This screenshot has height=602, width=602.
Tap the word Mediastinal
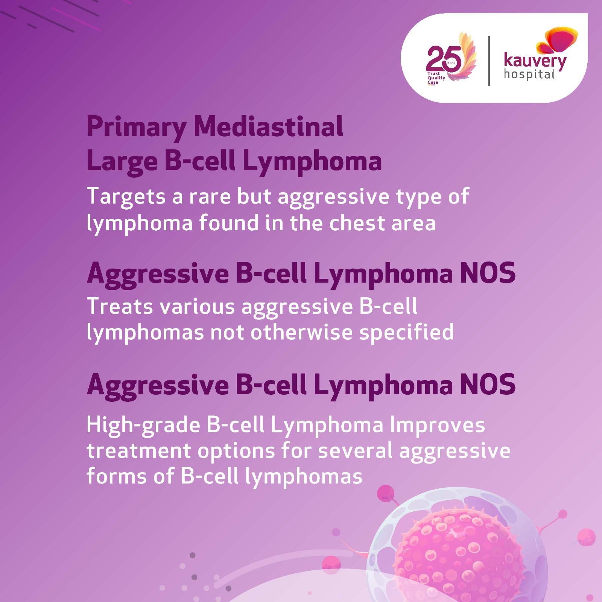(268, 127)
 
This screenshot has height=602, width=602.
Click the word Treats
(120, 306)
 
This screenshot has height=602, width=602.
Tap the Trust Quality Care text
(436, 78)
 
